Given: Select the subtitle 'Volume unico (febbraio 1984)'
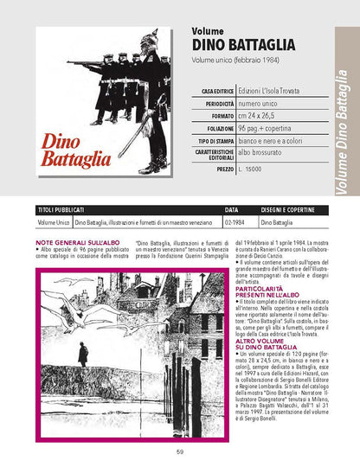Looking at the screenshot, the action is tap(227, 62).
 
